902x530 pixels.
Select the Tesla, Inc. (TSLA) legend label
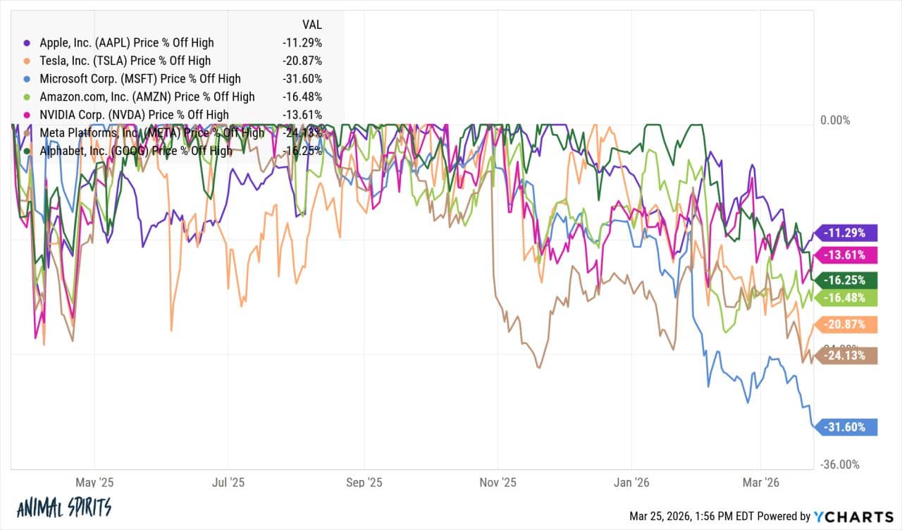tap(125, 61)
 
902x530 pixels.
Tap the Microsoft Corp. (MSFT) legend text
tap(140, 79)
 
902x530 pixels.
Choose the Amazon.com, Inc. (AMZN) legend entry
tap(147, 97)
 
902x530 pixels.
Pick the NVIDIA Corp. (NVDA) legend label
tap(134, 115)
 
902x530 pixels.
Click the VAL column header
tap(310, 24)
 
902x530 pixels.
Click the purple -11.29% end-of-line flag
tap(845, 232)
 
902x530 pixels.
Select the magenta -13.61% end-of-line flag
tap(845, 255)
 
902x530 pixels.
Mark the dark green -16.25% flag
tap(845, 280)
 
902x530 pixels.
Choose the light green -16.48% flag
tap(845, 298)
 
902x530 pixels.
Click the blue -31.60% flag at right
tap(845, 427)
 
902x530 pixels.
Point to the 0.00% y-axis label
tap(836, 121)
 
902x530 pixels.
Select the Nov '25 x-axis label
tap(498, 483)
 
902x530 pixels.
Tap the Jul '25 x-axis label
tap(228, 483)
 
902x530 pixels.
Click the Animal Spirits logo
tap(63, 507)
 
